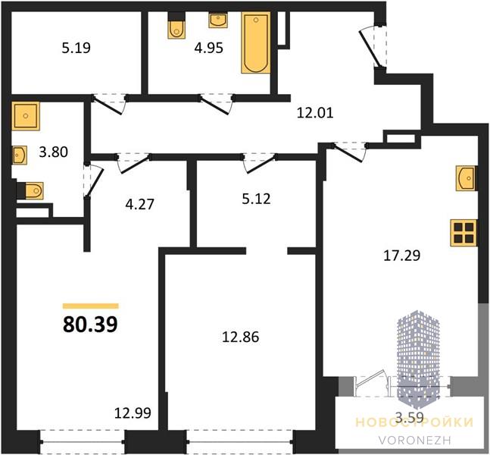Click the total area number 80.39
point(90,325)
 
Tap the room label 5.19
point(76,49)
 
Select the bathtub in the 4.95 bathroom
point(256,42)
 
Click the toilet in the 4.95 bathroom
point(176,26)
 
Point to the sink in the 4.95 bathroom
point(218,20)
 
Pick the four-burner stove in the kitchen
point(463,233)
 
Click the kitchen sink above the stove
point(466,178)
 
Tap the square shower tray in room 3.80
point(26,116)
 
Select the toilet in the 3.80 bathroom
point(30,190)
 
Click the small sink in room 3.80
point(20,155)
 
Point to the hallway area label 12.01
point(315,113)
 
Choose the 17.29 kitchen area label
point(401,256)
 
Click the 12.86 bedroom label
point(240,337)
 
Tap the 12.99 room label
point(133,413)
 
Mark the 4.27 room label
point(139,204)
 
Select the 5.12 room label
point(256,199)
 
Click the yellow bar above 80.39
point(91,306)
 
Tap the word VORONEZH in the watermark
point(415,441)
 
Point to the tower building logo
point(418,361)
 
